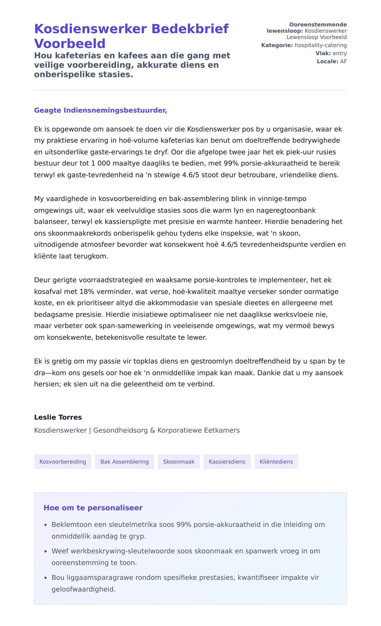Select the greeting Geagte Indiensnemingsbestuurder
100,110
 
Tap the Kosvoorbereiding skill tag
63,462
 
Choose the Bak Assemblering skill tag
124,462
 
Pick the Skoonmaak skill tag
179,462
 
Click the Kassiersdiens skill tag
227,462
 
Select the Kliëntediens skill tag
276,462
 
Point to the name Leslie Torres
58,417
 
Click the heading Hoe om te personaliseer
93,508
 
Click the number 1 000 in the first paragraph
100,163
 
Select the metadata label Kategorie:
277,45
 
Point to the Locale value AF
343,61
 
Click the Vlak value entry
339,53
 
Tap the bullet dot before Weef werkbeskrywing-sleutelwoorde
46,552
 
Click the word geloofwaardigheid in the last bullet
83,589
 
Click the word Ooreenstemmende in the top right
318,24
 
